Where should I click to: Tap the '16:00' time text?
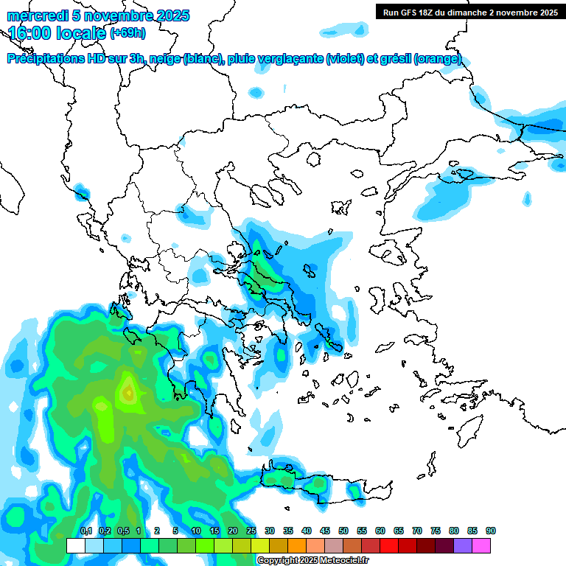tap(29, 33)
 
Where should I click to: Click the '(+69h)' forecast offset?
tap(127, 33)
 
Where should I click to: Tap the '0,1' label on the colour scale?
tap(85, 531)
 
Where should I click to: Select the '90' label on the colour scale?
tap(491, 531)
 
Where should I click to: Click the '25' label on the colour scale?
tap(251, 531)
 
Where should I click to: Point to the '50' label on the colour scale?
tap(343, 531)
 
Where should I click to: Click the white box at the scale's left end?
tap(76, 545)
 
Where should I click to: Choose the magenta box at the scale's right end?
tap(481, 545)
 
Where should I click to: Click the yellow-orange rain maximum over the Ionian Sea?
tap(128, 392)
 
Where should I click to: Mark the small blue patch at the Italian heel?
tap(83, 195)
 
